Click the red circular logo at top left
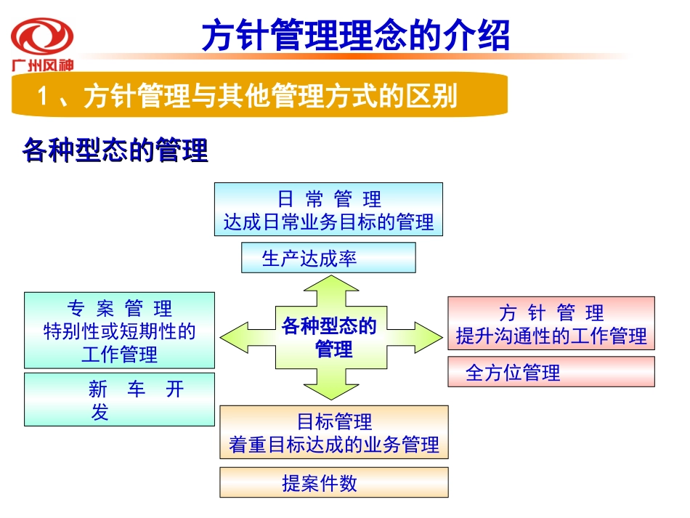(42, 36)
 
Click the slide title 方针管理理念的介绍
(355, 36)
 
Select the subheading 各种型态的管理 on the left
(115, 152)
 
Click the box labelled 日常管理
(328, 209)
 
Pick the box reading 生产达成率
(328, 258)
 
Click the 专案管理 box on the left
(120, 330)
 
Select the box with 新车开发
(120, 399)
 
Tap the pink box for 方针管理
(551, 323)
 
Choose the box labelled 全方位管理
(551, 371)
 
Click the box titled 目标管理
(334, 432)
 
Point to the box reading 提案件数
(334, 482)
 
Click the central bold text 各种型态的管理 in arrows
(331, 337)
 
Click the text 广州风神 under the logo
(42, 65)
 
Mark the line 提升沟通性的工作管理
(551, 336)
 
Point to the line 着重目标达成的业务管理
(334, 445)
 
